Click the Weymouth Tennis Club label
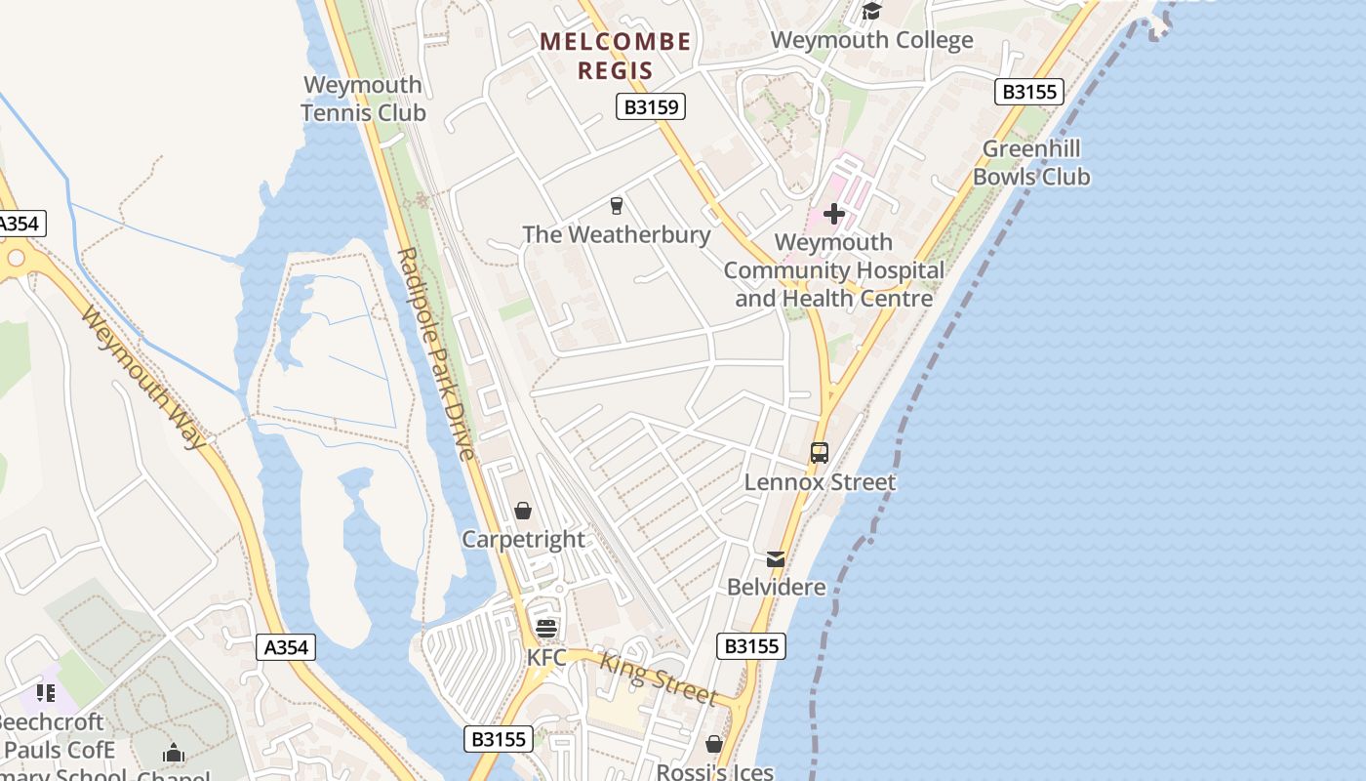[363, 99]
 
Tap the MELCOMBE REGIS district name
[615, 56]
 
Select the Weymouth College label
[871, 40]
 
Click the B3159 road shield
[651, 106]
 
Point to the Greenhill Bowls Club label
[1031, 163]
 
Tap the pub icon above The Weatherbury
[616, 206]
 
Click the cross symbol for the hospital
[834, 213]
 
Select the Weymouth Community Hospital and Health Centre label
[834, 270]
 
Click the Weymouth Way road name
[144, 377]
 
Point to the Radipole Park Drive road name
[435, 353]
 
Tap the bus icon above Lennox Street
[820, 453]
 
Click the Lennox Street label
[820, 482]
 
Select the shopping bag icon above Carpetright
[523, 511]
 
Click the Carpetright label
[523, 540]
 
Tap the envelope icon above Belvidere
[776, 559]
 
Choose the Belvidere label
[777, 588]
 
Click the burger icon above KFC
[545, 628]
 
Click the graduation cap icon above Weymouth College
[871, 12]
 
